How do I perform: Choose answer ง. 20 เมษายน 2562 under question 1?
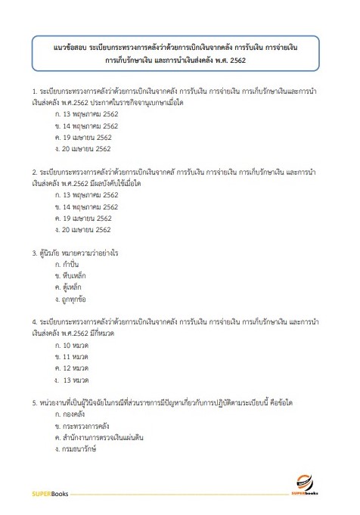[83, 148]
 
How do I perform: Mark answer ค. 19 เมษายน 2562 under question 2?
[83, 218]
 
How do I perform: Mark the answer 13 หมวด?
[79, 380]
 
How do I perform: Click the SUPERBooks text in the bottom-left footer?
[51, 494]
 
